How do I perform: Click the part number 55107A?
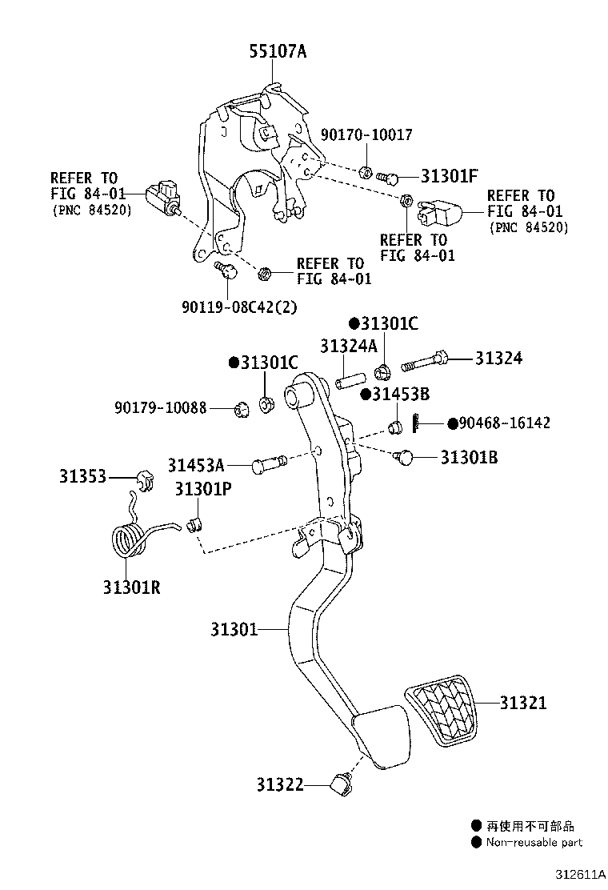click(278, 52)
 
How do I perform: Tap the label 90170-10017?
click(367, 135)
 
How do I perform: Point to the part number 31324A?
click(348, 346)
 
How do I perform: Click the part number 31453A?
click(196, 464)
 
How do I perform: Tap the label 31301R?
click(131, 587)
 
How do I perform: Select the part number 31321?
click(523, 703)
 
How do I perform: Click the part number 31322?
click(280, 785)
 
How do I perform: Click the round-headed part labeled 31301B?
click(406, 457)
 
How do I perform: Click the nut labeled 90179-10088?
click(238, 410)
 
